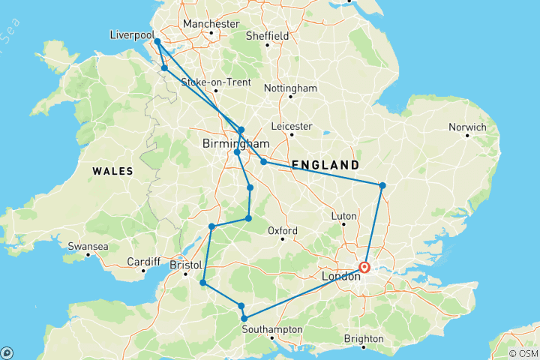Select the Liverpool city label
131,35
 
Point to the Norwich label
467,127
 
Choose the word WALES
112,171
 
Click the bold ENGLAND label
325,164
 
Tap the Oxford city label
283,230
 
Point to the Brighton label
363,339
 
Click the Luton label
343,216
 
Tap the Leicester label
292,126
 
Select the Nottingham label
290,88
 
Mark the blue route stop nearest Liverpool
157,42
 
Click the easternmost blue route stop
382,185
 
